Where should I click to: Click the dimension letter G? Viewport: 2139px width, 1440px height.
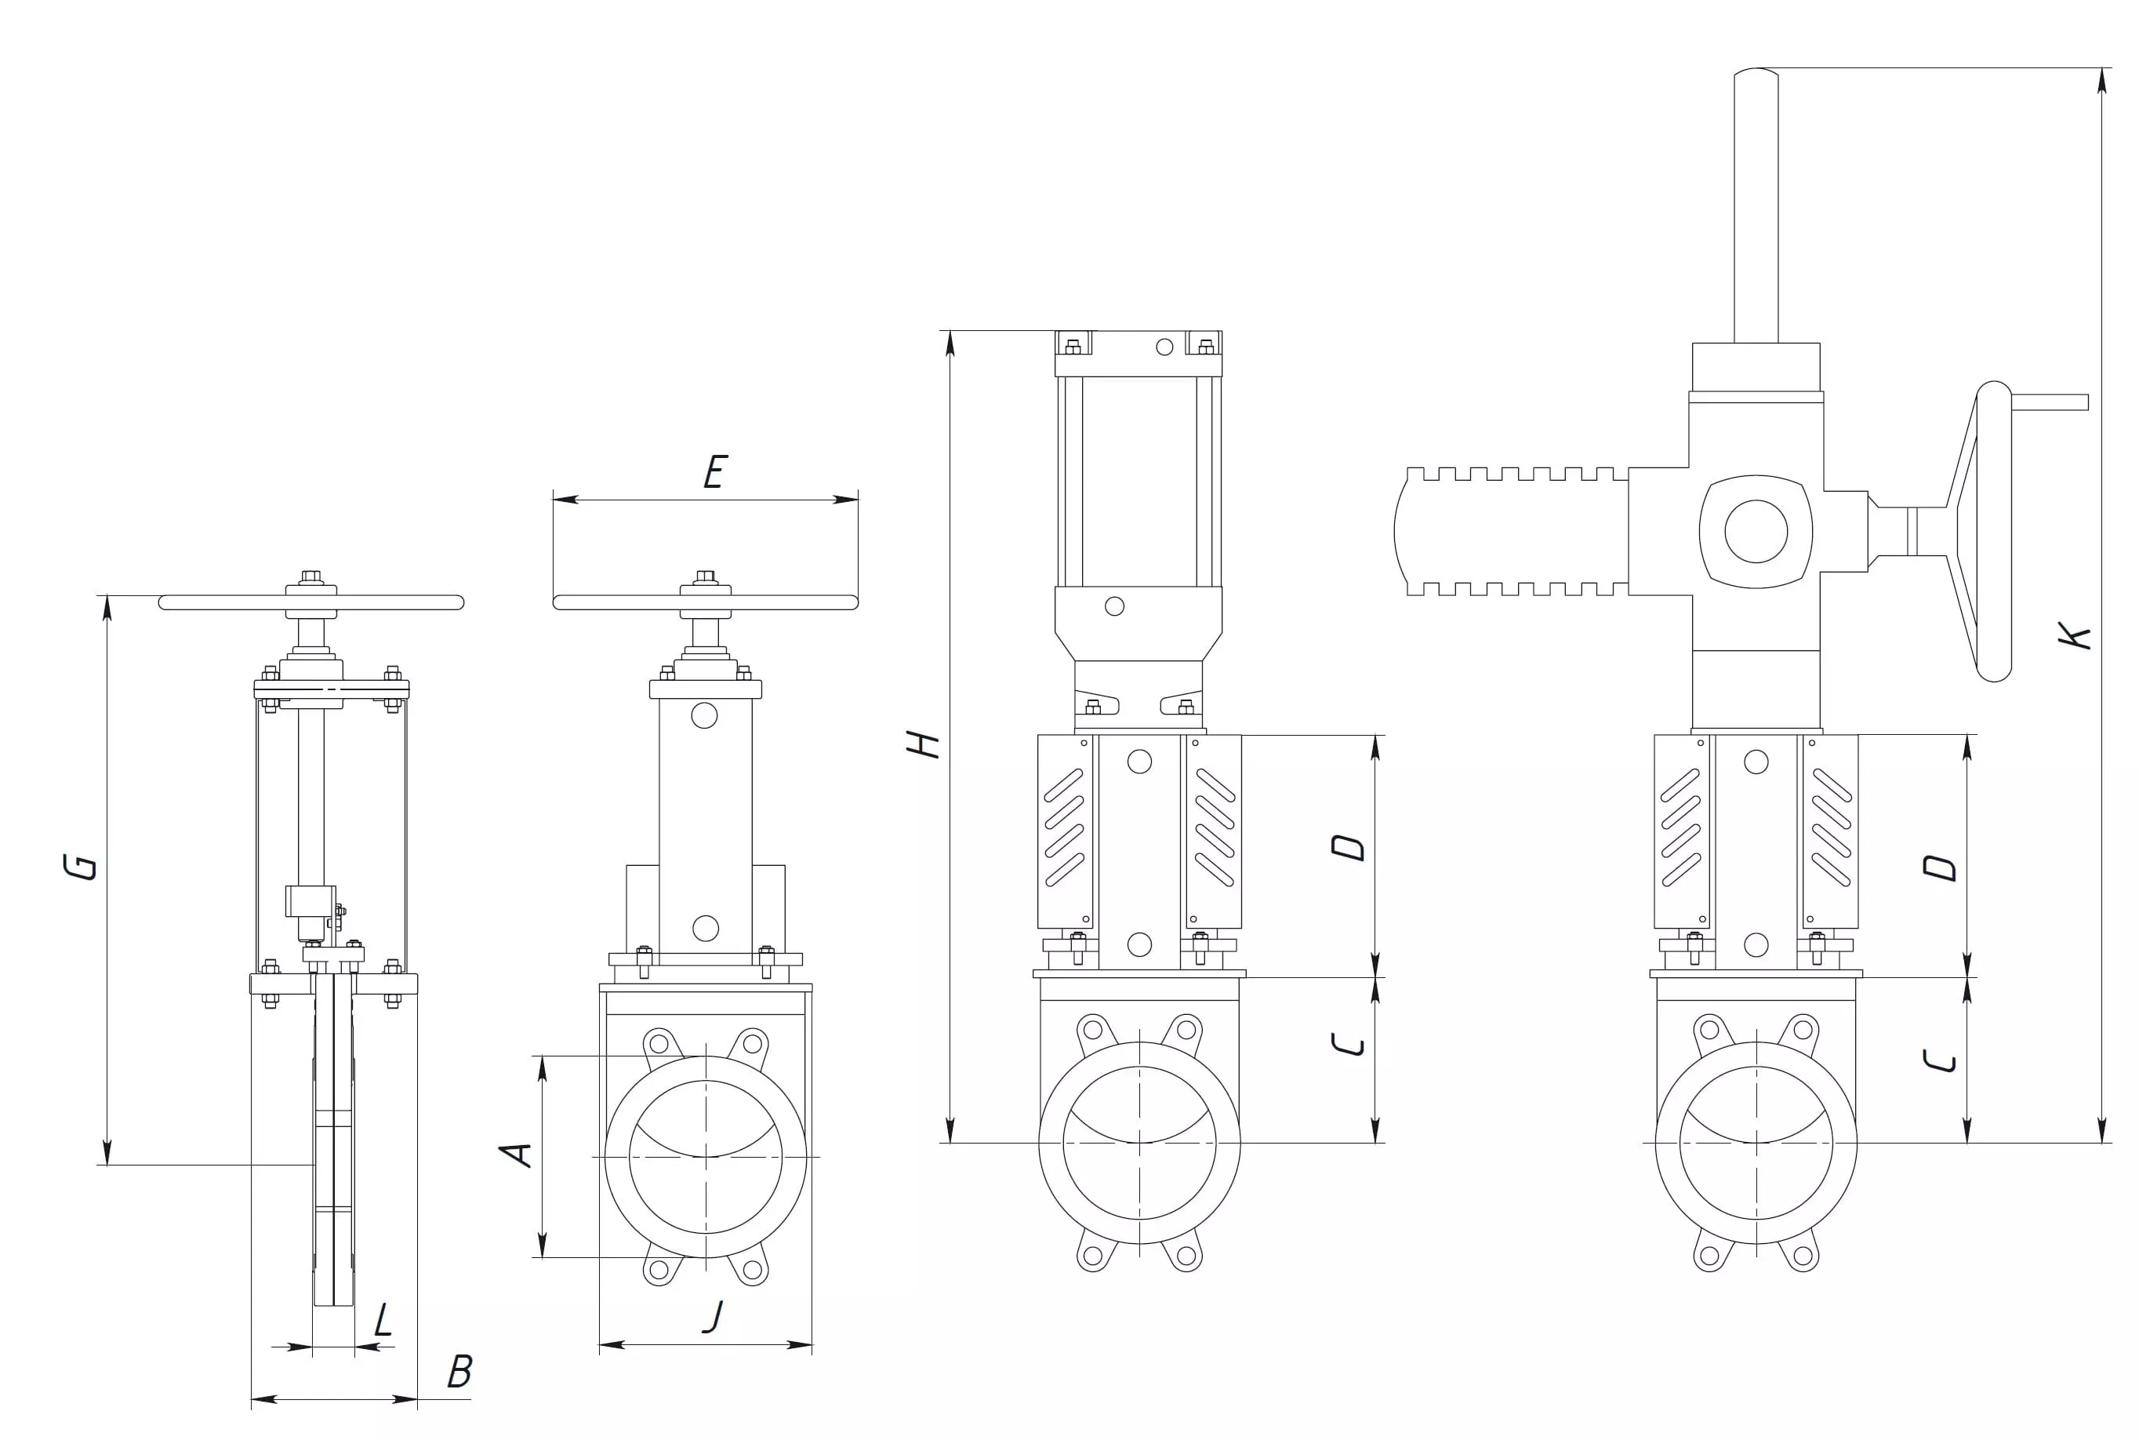[x=81, y=866]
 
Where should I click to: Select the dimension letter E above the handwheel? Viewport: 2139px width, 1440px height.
[x=715, y=472]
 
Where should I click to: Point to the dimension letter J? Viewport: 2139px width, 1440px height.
[x=713, y=1316]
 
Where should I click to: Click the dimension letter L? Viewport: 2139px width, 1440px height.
[x=383, y=1321]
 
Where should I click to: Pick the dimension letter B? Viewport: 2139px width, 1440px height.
[x=459, y=1372]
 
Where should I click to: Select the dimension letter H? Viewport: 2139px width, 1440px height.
[x=924, y=743]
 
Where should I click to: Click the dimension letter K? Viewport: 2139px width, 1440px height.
[x=2074, y=635]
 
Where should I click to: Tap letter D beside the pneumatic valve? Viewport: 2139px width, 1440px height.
[x=1349, y=847]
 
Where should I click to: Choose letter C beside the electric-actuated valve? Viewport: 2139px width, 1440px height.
[x=1939, y=1060]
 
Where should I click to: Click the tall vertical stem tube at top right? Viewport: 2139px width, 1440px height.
[x=1756, y=206]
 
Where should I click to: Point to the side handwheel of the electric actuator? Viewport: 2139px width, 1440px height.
[x=1992, y=531]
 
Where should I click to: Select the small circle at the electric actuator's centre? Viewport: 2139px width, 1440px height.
[x=1756, y=531]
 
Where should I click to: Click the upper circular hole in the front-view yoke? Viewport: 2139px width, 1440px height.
[x=704, y=715]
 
